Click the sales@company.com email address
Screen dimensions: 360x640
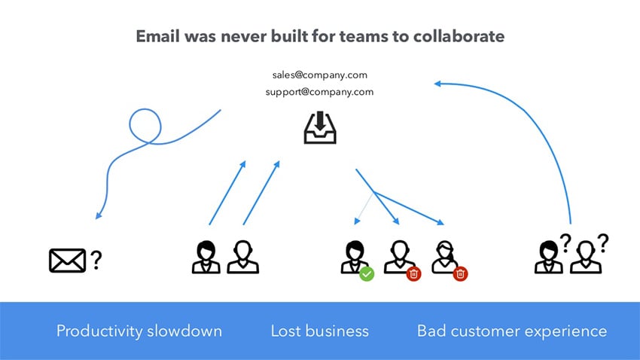pyautogui.click(x=319, y=75)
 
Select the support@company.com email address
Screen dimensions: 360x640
pyautogui.click(x=319, y=92)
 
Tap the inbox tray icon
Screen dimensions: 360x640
pyautogui.click(x=320, y=128)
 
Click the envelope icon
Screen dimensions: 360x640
pyautogui.click(x=67, y=260)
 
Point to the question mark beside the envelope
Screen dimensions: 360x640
pyautogui.click(x=96, y=261)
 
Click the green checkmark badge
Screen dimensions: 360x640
pyautogui.click(x=367, y=274)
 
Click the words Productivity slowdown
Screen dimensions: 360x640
pyautogui.click(x=139, y=331)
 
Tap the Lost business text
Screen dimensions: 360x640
pyautogui.click(x=320, y=331)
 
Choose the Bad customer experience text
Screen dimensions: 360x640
pyautogui.click(x=512, y=331)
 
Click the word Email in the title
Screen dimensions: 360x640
pyautogui.click(x=156, y=36)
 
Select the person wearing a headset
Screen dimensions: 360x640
pyautogui.click(x=445, y=256)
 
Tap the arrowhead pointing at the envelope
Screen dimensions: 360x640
pyautogui.click(x=98, y=217)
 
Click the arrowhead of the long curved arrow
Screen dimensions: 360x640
pyautogui.click(x=437, y=84)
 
